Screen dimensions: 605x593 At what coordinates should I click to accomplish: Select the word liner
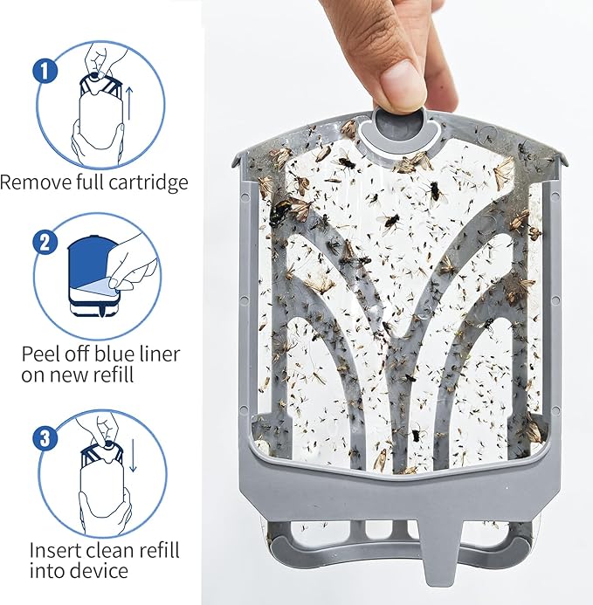click(x=159, y=354)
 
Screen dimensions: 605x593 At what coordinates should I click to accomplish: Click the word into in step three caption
click(x=47, y=572)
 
